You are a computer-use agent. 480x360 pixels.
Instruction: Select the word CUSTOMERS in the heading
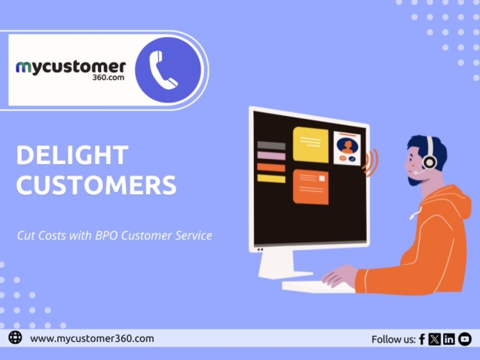[96, 185]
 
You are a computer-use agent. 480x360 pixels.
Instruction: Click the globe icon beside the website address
[15, 338]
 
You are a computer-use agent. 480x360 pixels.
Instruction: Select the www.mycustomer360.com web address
[92, 339]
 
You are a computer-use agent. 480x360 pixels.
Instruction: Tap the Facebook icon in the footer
[422, 339]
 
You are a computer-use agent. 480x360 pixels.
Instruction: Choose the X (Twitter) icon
[435, 339]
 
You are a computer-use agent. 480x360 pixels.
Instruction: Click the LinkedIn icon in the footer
[449, 339]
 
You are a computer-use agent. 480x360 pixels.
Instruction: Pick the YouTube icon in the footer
[464, 339]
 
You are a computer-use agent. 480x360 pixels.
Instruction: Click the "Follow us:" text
[393, 340]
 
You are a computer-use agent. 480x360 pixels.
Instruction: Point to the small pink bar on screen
[271, 156]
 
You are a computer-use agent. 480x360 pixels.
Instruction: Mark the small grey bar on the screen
[271, 145]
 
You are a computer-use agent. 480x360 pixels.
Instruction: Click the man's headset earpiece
[429, 160]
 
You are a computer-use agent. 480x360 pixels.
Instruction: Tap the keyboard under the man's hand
[316, 286]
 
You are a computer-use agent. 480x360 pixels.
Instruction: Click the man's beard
[417, 178]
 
